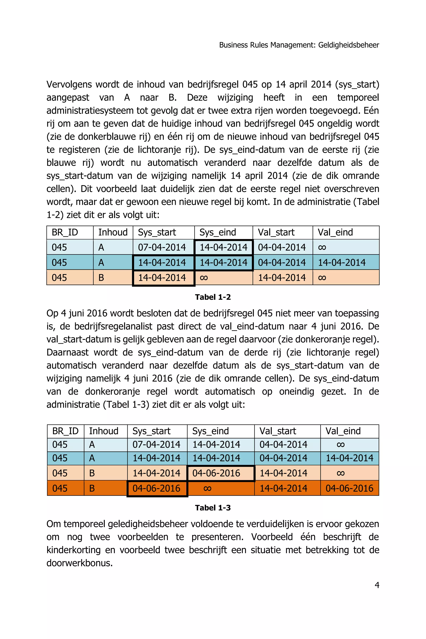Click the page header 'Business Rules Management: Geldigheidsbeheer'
pyautogui.click(x=299, y=45)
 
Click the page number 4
pyautogui.click(x=377, y=585)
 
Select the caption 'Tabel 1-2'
pyautogui.click(x=213, y=297)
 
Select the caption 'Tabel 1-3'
pyautogui.click(x=213, y=508)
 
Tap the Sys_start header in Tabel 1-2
pyautogui.click(x=157, y=232)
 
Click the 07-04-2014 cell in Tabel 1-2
pyautogui.click(x=162, y=247)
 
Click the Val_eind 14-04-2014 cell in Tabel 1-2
pyautogui.click(x=342, y=263)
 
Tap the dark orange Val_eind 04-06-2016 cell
pyautogui.click(x=349, y=488)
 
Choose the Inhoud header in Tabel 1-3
pyautogui.click(x=104, y=431)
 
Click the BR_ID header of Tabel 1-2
pyautogui.click(x=65, y=232)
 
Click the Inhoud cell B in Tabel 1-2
pyautogui.click(x=101, y=278)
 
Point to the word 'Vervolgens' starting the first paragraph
pyautogui.click(x=69, y=84)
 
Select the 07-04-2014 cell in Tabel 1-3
pyautogui.click(x=156, y=445)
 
